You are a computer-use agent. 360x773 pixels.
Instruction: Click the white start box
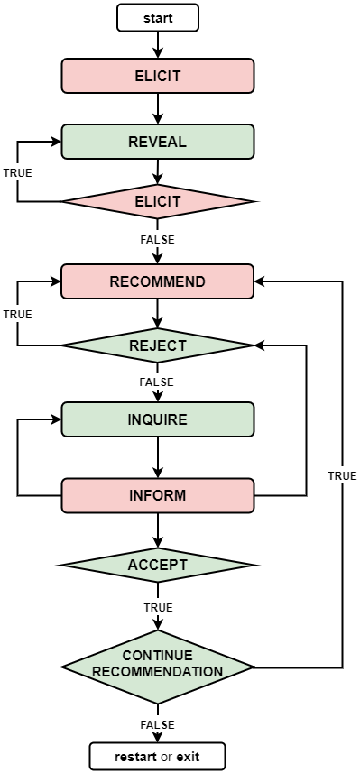tap(157, 18)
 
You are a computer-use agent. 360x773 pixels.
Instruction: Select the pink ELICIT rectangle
tap(157, 76)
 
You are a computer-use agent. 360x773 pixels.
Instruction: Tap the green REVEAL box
tap(157, 142)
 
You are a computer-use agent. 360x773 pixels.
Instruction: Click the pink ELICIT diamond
tap(157, 201)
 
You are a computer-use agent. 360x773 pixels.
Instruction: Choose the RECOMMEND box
tap(157, 281)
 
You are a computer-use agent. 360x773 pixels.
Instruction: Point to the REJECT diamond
tap(157, 345)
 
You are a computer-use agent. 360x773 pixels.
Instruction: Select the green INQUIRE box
tap(157, 419)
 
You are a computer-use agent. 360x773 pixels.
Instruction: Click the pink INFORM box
tap(157, 495)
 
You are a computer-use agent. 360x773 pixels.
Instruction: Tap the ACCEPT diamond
tap(157, 566)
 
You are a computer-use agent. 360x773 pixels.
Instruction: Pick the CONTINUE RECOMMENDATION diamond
tap(157, 667)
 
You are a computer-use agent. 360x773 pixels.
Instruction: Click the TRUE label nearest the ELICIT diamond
tap(17, 172)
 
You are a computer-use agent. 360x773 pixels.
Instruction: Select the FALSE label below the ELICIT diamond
tap(157, 240)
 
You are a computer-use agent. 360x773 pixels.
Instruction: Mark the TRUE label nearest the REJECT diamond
tap(17, 314)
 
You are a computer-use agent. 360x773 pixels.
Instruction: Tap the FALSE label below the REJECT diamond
tap(156, 382)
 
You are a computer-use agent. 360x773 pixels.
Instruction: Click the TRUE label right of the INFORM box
tap(342, 475)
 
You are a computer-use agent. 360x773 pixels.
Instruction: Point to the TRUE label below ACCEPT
tap(158, 608)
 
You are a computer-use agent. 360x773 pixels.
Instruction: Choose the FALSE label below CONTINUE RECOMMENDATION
tap(157, 724)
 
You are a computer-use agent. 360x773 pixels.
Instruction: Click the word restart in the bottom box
tap(135, 757)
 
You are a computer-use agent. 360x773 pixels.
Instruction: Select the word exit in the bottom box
tap(188, 757)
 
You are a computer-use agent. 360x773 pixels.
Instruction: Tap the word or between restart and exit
tap(166, 757)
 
